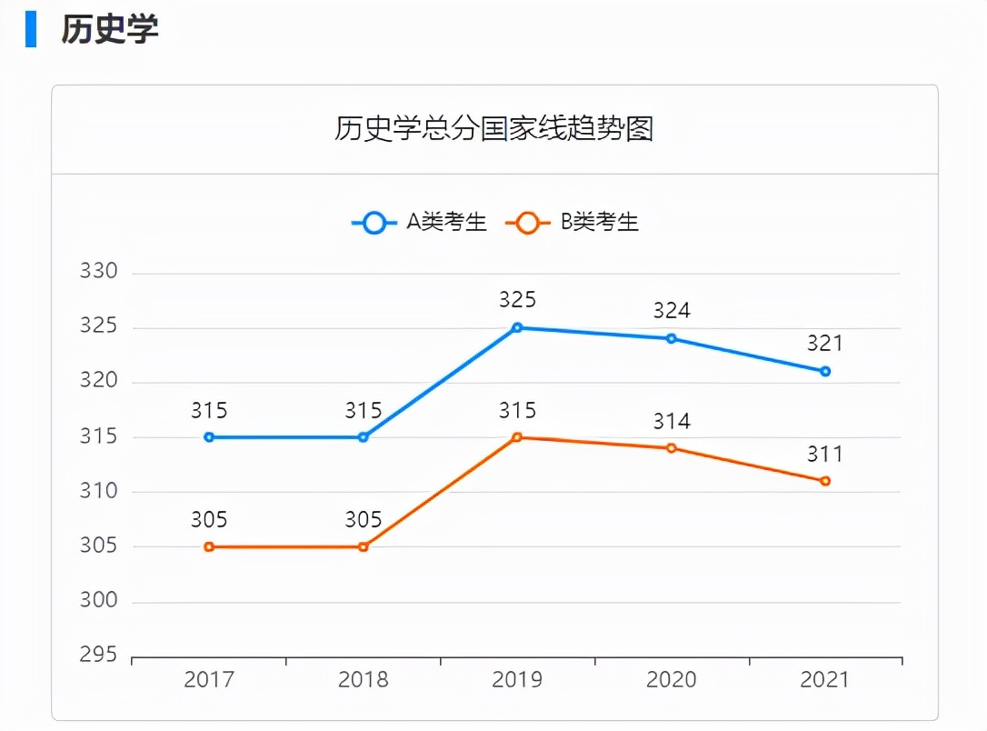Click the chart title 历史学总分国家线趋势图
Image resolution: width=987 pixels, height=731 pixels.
493,129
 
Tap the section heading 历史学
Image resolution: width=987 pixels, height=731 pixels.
110,29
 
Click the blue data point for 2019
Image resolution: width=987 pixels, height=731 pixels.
517,327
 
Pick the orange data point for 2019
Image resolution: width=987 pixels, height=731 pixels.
517,437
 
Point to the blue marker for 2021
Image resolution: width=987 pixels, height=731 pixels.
825,371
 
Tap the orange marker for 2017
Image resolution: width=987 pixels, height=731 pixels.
209,546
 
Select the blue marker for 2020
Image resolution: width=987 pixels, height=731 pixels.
672,338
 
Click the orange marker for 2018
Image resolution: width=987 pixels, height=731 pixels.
364,546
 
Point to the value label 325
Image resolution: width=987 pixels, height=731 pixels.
517,300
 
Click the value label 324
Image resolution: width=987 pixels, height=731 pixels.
672,311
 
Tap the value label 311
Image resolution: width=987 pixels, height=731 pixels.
825,454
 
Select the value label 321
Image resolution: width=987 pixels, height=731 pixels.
825,344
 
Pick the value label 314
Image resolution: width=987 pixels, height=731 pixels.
672,421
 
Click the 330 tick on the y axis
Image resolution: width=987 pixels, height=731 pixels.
100,272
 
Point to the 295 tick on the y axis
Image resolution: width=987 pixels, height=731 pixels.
100,656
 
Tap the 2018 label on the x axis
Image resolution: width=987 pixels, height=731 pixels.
364,680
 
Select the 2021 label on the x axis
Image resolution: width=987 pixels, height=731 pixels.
825,680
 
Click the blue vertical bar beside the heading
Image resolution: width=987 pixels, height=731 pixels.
31,29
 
